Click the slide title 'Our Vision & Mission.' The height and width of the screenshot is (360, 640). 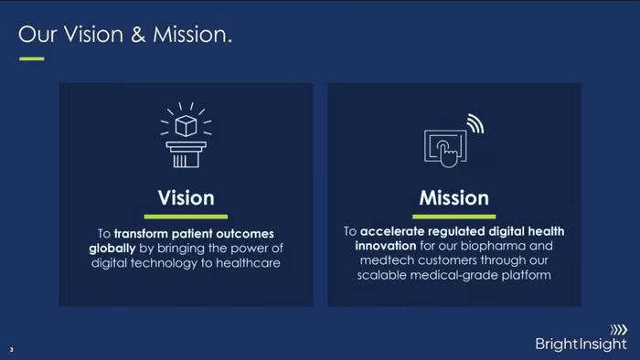125,34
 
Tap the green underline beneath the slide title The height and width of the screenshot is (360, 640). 31,58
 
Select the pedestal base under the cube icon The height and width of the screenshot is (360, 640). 187,154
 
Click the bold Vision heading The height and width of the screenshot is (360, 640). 187,198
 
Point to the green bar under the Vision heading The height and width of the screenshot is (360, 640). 186,217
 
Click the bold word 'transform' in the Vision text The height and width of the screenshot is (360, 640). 141,234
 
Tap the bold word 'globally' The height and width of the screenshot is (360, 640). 112,249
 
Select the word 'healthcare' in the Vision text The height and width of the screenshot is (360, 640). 248,263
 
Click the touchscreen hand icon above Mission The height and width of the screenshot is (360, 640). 445,148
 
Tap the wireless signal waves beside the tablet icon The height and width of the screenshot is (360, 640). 476,123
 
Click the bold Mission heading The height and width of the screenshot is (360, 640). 453,198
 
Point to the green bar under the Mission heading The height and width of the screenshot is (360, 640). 453,217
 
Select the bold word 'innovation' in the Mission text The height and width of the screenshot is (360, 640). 385,246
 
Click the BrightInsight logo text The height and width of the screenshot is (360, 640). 581,344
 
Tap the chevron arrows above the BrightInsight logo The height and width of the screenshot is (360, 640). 619,330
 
